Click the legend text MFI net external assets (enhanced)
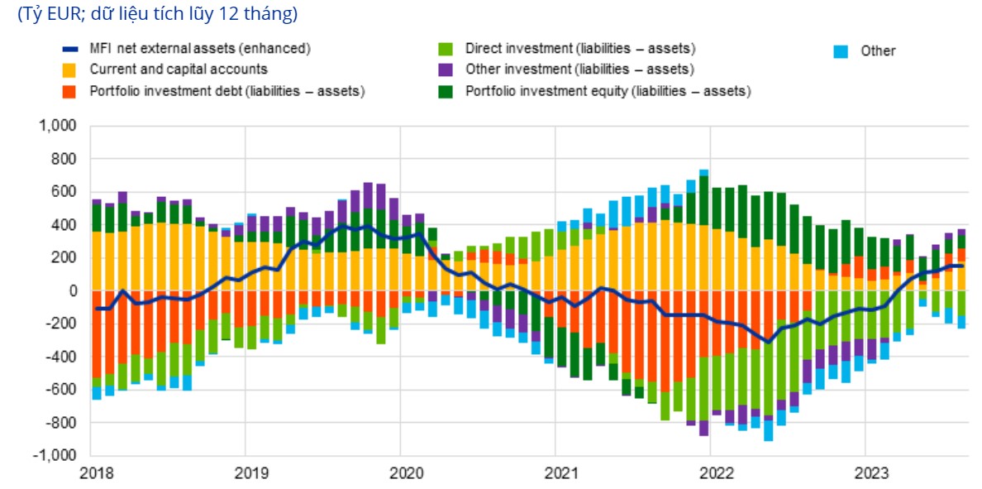(x=199, y=49)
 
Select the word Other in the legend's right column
(x=878, y=51)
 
